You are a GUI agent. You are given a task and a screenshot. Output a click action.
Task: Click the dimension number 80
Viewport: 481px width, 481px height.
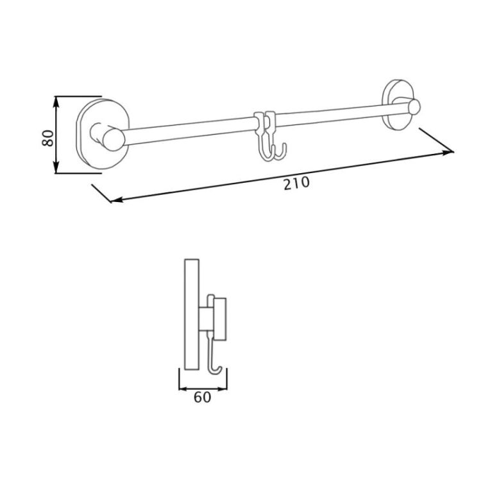point(48,138)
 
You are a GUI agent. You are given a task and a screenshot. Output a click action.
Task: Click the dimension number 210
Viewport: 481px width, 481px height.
point(296,183)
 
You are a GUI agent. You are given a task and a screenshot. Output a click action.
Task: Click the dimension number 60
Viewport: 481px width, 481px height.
point(203,398)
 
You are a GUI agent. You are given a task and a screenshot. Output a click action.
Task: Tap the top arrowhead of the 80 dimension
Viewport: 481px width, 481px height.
point(56,101)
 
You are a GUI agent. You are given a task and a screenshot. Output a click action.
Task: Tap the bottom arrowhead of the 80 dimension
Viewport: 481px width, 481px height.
point(56,168)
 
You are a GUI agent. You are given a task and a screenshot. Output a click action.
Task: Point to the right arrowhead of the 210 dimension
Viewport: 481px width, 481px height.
point(447,153)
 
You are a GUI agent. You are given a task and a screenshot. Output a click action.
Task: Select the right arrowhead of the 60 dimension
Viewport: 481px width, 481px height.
point(223,389)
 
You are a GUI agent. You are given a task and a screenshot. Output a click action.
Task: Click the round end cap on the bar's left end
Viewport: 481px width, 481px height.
point(114,140)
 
